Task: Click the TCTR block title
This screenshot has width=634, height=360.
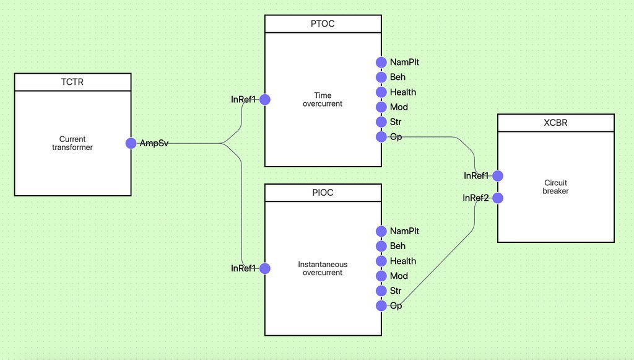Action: tap(72, 82)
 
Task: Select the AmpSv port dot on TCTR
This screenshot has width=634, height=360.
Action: tap(131, 143)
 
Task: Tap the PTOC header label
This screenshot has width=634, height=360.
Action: tap(323, 24)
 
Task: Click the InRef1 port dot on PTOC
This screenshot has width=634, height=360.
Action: tap(265, 100)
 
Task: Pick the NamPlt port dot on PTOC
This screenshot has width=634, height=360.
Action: tap(381, 63)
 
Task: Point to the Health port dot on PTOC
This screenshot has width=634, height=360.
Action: tap(381, 92)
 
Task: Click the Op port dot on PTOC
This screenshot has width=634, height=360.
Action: tap(381, 137)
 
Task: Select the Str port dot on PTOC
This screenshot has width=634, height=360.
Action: tap(381, 121)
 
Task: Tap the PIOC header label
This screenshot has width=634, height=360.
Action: tap(323, 193)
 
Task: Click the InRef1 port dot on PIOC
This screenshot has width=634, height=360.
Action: tap(265, 268)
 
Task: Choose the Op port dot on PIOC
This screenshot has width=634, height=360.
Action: tap(381, 306)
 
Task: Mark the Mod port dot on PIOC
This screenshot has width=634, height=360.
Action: tap(381, 276)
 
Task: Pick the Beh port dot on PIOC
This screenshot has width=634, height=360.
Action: tap(381, 246)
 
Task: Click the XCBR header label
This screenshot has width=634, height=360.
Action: tap(555, 123)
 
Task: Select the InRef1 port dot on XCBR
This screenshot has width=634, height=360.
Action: tap(498, 176)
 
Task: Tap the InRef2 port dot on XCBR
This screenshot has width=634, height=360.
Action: tap(498, 198)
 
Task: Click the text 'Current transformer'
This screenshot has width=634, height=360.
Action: tap(72, 143)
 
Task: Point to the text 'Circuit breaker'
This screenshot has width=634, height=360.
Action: tap(555, 187)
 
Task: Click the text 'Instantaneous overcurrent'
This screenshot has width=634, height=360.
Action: tap(323, 268)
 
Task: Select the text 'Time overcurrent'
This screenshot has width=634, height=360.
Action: tap(323, 100)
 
